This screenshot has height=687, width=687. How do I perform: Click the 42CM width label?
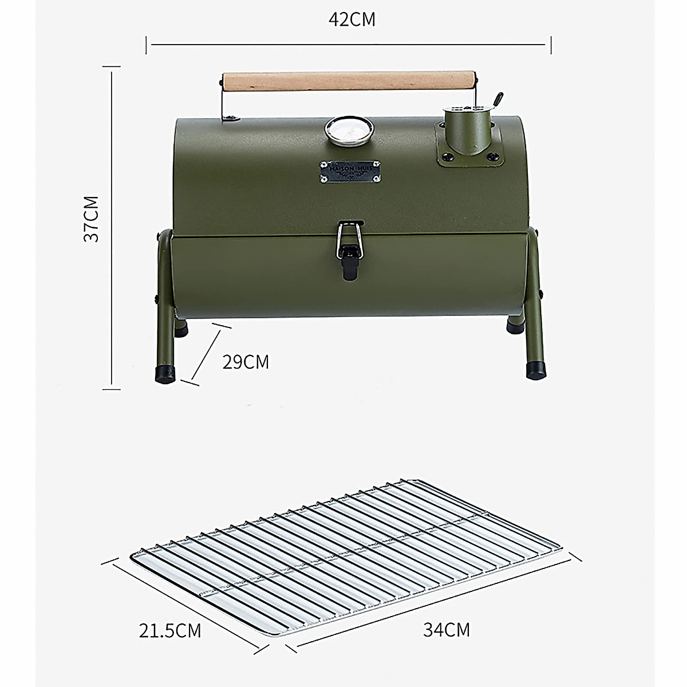pos(352,19)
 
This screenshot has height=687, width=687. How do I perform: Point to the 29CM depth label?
pos(246,362)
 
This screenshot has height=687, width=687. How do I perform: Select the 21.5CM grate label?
pos(170,630)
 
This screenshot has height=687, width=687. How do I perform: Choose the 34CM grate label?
pos(447,630)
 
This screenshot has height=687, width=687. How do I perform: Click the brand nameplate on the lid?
pos(349,171)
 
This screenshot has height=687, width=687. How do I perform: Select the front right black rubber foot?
pos(536,370)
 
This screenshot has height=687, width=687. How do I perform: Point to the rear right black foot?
pos(514,325)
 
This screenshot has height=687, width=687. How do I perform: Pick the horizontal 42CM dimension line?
pos(349,44)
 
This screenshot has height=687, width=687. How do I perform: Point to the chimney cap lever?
pos(498,100)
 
